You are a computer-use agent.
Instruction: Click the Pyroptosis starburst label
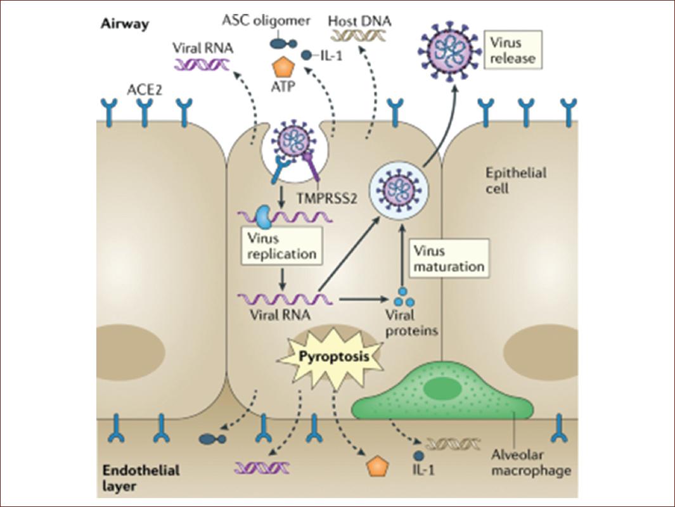pyautogui.click(x=333, y=357)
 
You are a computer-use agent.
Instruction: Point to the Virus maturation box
pyautogui.click(x=448, y=258)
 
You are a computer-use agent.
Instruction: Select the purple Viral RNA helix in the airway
pyautogui.click(x=203, y=63)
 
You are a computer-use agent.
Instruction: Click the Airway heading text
pyautogui.click(x=124, y=25)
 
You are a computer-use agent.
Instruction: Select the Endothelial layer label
pyautogui.click(x=132, y=479)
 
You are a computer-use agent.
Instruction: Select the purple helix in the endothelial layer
pyautogui.click(x=261, y=468)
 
